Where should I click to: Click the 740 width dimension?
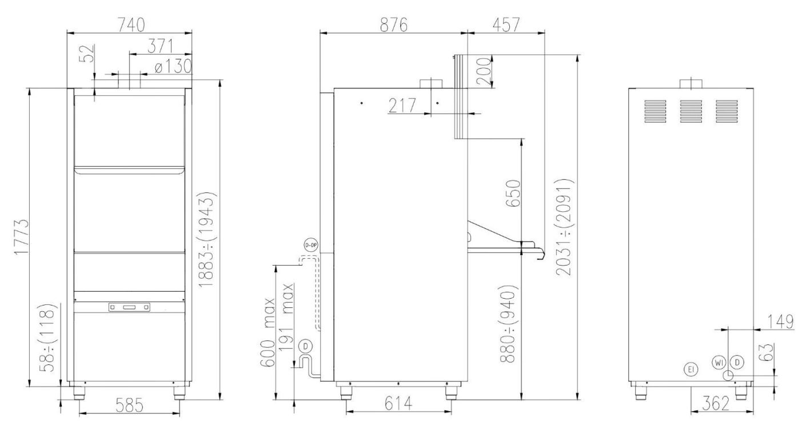click(x=131, y=25)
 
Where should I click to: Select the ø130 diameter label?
click(x=173, y=66)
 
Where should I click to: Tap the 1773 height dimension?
click(x=21, y=237)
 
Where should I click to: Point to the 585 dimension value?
click(x=129, y=405)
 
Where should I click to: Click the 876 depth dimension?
click(x=394, y=25)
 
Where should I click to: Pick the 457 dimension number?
click(x=506, y=25)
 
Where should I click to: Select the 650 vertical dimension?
click(x=513, y=194)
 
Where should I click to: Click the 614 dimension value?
click(x=398, y=403)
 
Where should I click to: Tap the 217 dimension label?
click(x=402, y=106)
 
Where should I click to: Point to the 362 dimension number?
click(x=716, y=403)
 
